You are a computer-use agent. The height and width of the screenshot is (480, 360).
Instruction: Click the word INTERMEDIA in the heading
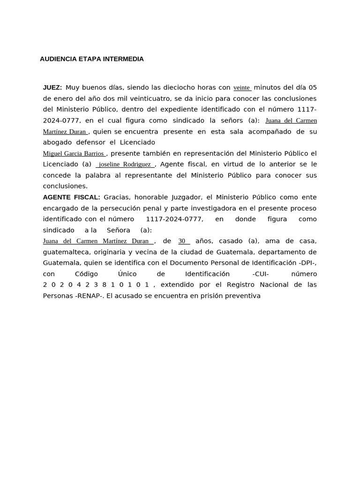[x=123, y=59]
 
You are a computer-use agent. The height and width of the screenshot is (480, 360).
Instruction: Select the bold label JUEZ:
[x=52, y=88]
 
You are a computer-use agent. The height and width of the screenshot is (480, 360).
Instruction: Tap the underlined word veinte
[x=242, y=88]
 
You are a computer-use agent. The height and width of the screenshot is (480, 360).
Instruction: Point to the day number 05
[x=312, y=88]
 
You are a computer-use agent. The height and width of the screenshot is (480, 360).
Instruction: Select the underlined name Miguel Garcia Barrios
[x=74, y=154]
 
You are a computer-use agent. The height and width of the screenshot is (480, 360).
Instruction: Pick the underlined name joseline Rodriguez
[x=125, y=165]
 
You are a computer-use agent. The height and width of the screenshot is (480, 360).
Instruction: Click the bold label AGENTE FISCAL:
[x=71, y=197]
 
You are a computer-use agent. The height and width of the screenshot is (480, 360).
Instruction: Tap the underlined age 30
[x=182, y=241]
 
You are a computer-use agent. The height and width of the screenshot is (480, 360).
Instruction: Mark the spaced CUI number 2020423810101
[x=96, y=285]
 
